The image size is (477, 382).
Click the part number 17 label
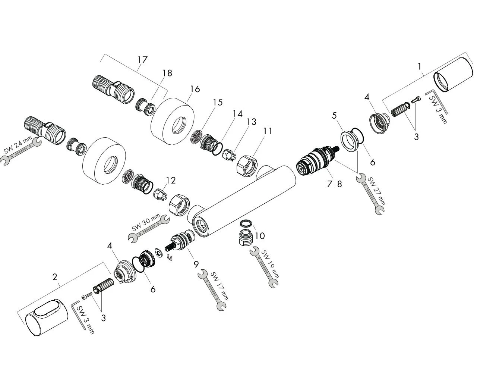click(x=142, y=60)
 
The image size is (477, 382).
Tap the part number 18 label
click(x=167, y=73)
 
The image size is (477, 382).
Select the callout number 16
click(x=195, y=89)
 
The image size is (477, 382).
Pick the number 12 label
click(x=170, y=181)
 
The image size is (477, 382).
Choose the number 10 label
click(x=260, y=236)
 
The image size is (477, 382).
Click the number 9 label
click(x=196, y=265)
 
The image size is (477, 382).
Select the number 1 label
click(x=420, y=67)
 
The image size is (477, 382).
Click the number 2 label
click(x=55, y=277)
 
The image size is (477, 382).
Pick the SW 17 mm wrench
click(x=212, y=290)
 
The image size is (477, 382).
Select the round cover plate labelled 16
click(x=172, y=119)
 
